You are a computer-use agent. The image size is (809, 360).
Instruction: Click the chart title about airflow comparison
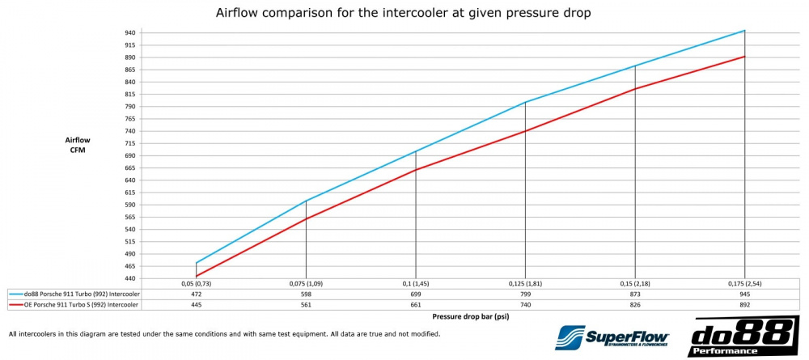pyautogui.click(x=404, y=14)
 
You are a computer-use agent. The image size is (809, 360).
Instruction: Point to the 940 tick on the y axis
pyautogui.click(x=130, y=32)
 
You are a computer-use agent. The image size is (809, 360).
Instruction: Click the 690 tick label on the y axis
pyautogui.click(x=130, y=155)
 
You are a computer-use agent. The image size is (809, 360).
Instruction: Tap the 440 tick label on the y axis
pyautogui.click(x=130, y=278)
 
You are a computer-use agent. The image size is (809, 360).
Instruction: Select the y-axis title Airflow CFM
pyautogui.click(x=78, y=145)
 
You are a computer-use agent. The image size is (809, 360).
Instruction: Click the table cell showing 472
pyautogui.click(x=197, y=294)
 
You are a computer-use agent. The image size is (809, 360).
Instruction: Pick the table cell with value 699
pyautogui.click(x=416, y=294)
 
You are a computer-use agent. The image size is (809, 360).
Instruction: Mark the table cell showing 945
pyautogui.click(x=744, y=294)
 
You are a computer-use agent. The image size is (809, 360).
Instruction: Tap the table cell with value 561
pyautogui.click(x=306, y=305)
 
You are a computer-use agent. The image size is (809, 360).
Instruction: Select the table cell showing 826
pyautogui.click(x=635, y=305)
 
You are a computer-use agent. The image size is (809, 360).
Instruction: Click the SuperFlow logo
pyautogui.click(x=612, y=337)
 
